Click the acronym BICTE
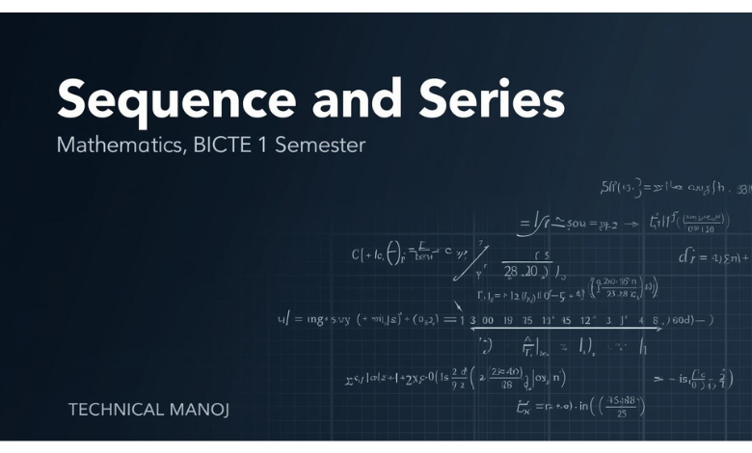pos(224,146)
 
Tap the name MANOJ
pos(200,410)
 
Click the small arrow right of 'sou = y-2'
pos(633,224)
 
